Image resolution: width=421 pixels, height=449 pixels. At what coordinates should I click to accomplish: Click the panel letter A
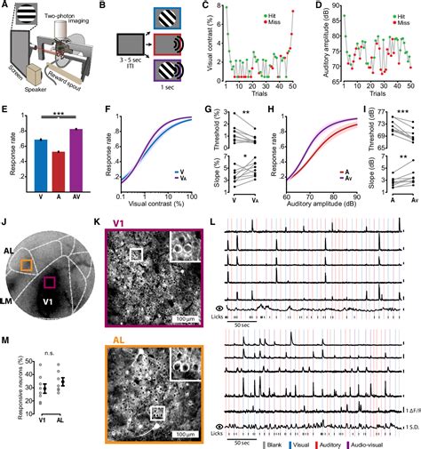coord(6,6)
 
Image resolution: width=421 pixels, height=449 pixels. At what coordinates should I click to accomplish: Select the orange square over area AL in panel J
coord(27,265)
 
